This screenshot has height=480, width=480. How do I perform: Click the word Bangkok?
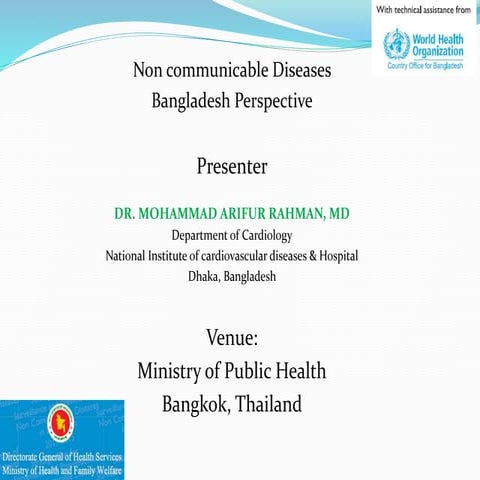(196, 407)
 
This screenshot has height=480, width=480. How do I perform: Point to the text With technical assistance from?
(423, 10)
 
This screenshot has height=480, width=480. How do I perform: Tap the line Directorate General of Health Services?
(63, 457)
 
